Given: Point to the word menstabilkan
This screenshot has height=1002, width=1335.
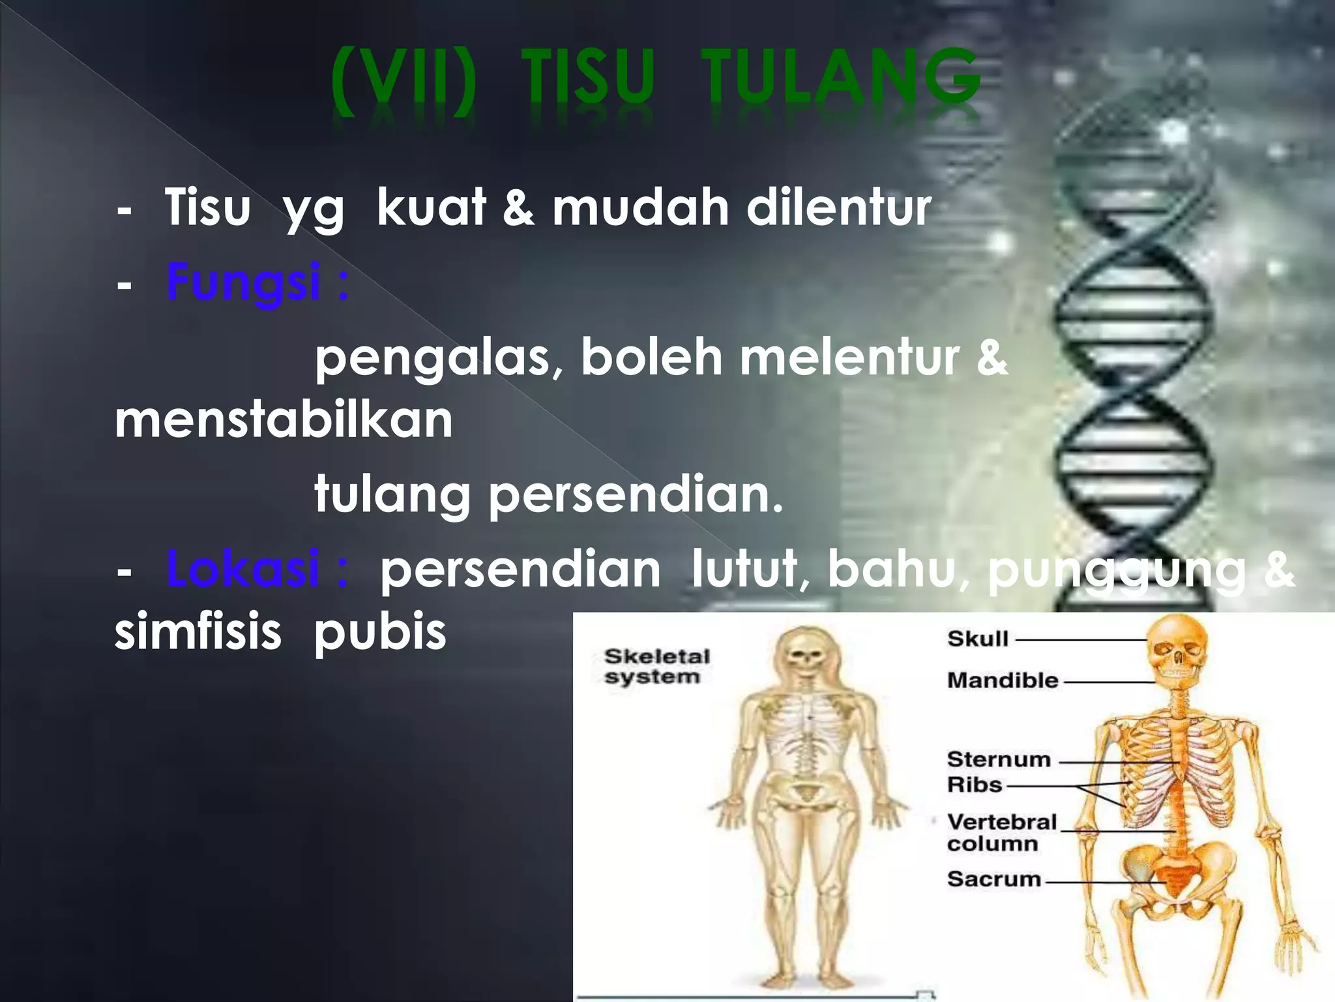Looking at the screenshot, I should (284, 420).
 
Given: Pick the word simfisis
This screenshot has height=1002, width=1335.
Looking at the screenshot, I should (198, 631).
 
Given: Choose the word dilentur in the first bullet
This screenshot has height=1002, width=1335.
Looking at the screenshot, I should (838, 207).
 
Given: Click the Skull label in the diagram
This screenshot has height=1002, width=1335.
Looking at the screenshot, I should (978, 639).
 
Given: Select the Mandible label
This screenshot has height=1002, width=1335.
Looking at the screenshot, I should (1002, 680).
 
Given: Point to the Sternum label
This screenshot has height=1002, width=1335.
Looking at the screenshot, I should (999, 759).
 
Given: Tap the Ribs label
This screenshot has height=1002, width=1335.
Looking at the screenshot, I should (974, 784).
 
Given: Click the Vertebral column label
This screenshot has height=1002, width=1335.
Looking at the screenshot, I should (1001, 832).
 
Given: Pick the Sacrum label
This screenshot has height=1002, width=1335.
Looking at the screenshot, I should (993, 879).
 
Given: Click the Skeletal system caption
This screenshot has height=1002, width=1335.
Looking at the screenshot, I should (656, 666).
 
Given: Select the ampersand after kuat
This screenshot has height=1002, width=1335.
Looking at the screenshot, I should (518, 207).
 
